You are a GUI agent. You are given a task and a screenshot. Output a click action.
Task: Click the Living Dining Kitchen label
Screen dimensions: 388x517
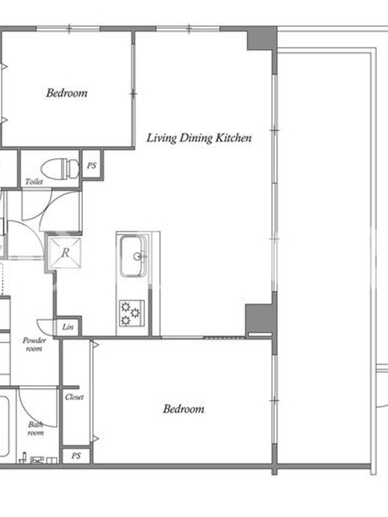click(199, 138)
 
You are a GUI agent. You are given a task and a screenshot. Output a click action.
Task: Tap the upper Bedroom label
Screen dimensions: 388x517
click(67, 93)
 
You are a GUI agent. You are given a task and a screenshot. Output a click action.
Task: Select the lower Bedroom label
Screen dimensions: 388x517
click(184, 409)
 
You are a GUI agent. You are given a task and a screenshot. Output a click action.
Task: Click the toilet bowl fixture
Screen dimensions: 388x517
click(60, 169)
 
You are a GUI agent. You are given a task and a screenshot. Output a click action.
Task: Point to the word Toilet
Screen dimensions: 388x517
click(34, 182)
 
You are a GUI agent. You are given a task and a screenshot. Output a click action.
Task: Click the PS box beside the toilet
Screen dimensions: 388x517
click(92, 165)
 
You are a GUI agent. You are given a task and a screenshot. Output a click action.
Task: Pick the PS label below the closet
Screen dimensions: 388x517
click(76, 456)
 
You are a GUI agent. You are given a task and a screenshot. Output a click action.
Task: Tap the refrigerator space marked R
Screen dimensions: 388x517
click(65, 252)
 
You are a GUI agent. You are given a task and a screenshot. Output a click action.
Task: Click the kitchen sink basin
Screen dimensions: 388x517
click(133, 256)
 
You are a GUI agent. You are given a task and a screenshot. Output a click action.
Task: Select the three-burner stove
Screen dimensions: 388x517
click(132, 313)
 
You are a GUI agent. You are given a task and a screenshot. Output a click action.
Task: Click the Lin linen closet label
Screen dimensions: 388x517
click(68, 327)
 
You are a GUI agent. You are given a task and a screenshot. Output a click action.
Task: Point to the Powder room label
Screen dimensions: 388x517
click(34, 344)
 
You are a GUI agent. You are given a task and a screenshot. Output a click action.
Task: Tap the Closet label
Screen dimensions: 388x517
click(74, 397)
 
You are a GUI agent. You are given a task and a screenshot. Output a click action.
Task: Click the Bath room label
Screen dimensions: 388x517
click(36, 428)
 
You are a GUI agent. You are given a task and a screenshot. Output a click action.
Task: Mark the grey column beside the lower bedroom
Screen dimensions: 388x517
click(261, 318)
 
